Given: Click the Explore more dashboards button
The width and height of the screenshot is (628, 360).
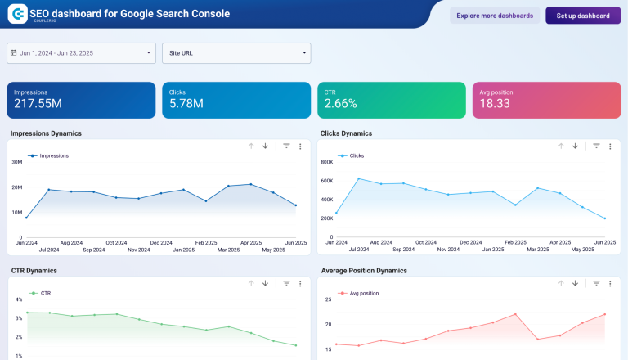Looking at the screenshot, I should [495, 16].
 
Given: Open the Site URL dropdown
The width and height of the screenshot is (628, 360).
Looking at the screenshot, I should [236, 53].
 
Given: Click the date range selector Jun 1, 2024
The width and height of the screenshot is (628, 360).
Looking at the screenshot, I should [81, 53].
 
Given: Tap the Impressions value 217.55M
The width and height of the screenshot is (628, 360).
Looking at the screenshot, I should [38, 104].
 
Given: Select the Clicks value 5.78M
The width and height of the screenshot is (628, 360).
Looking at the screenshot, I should [186, 104].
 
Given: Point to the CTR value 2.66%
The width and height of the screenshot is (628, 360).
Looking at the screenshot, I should [341, 104].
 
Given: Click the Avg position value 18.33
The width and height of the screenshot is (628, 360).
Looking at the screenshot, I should [494, 104].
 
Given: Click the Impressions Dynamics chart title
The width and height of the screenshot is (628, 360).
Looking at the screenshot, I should [46, 133].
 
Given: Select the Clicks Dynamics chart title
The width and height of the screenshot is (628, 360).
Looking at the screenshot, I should [345, 133].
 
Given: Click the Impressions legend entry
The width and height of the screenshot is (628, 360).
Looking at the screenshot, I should [49, 155].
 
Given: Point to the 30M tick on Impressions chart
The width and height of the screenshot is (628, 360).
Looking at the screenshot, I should [16, 162].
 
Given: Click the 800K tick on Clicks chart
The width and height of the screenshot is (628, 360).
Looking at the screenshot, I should [326, 162].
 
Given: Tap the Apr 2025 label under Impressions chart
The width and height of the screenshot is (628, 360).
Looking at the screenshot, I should [250, 242].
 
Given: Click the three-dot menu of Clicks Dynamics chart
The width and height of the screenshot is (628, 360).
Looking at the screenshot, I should [610, 146].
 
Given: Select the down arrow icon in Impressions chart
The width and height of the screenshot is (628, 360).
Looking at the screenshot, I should [265, 146].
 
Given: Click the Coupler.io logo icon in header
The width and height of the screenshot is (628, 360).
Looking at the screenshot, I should [16, 15].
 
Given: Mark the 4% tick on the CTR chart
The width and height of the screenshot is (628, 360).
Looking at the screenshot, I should [18, 299].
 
